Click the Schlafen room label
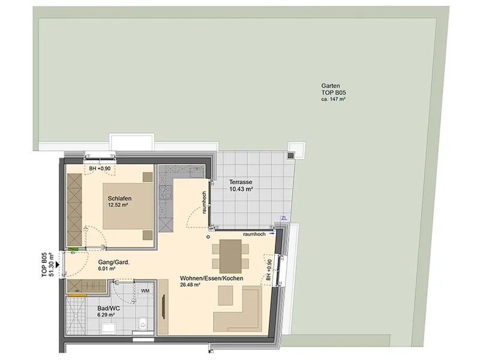[x=119, y=199]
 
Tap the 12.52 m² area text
[x=118, y=205]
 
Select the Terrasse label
[x=241, y=182]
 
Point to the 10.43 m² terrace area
[x=241, y=189]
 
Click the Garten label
[x=331, y=86]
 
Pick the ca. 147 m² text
[x=334, y=99]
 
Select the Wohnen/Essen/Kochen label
[x=212, y=278]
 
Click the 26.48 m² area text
[x=190, y=285]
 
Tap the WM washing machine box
[x=145, y=290]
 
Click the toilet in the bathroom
[x=143, y=323]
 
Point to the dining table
[x=230, y=256]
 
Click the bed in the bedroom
[x=128, y=206]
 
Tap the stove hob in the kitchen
[x=166, y=193]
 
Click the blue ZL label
[x=284, y=218]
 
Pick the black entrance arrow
[x=57, y=262]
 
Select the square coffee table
[x=226, y=295]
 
